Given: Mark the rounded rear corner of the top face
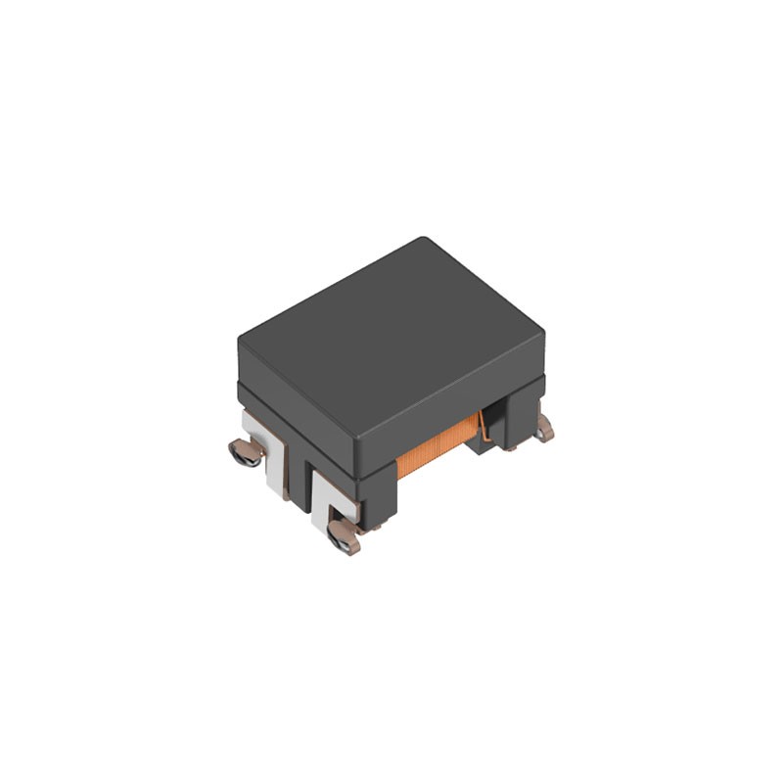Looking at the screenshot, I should point(422,241).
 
